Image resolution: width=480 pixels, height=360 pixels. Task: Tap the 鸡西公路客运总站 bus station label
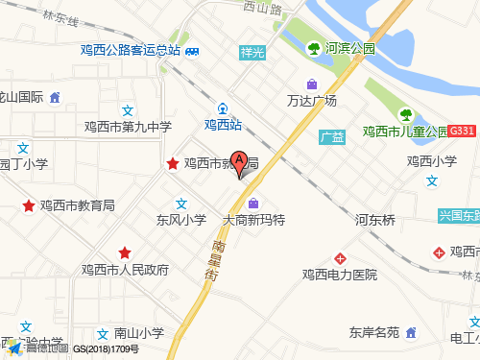click(x=130, y=50)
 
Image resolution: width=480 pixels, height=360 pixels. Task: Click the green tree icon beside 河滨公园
click(x=313, y=48)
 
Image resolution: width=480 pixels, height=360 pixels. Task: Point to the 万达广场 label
click(x=312, y=101)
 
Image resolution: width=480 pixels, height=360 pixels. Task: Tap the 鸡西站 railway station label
click(x=223, y=124)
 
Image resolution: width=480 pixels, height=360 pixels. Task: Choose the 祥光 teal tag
click(x=253, y=54)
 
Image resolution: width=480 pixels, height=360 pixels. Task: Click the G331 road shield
click(x=462, y=130)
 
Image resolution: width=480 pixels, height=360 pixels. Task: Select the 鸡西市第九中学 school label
click(x=128, y=126)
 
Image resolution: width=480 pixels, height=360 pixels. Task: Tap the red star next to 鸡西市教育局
click(x=29, y=205)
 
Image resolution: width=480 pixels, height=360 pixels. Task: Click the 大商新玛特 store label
click(x=253, y=220)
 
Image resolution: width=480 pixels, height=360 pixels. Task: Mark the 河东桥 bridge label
click(x=374, y=220)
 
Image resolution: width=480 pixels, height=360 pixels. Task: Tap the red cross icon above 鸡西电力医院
click(x=340, y=258)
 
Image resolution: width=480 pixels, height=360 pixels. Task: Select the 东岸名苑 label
click(x=373, y=333)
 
